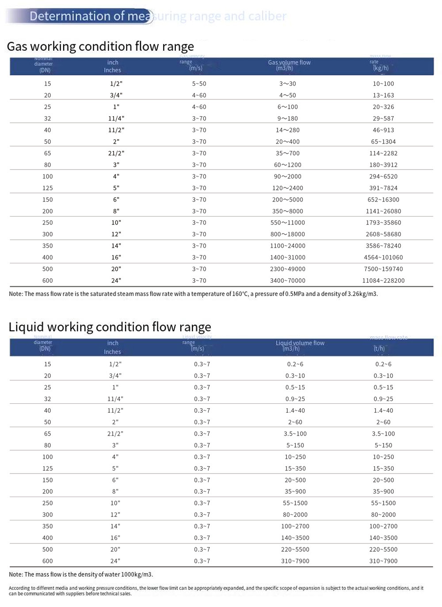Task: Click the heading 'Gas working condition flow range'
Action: [x=100, y=46]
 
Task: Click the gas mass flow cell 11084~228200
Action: [x=383, y=281]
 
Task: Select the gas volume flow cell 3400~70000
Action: [x=287, y=281]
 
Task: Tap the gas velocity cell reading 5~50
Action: [x=199, y=83]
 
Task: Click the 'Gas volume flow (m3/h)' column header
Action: [x=289, y=65]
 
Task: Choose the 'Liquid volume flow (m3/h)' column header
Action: [x=300, y=345]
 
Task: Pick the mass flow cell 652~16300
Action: [x=383, y=200]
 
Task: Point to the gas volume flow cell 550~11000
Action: [x=287, y=223]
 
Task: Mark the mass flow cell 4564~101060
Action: [x=383, y=258]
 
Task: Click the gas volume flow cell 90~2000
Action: [x=287, y=176]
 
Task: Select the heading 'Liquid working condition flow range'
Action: [x=110, y=327]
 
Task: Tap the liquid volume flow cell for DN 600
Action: [x=295, y=561]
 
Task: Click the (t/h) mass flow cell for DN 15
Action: [x=383, y=364]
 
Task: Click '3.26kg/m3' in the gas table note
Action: [x=361, y=294]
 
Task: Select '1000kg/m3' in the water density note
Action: [x=134, y=574]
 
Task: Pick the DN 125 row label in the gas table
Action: [x=47, y=188]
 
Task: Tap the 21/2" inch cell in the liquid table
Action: [x=115, y=434]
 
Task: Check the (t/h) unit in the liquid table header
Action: [x=379, y=349]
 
